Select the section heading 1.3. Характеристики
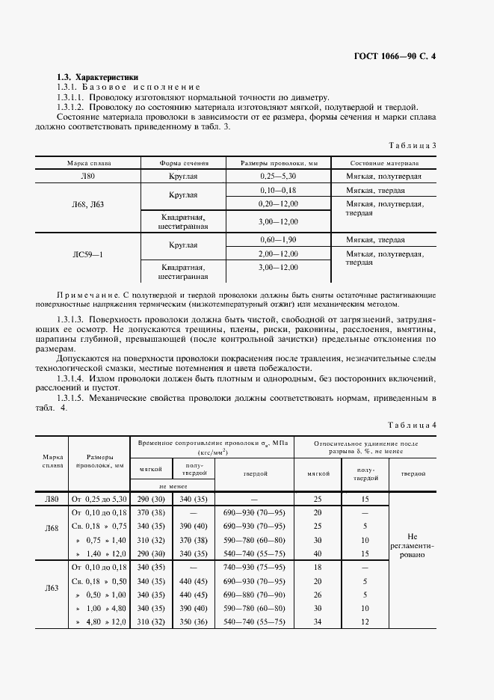[97, 78]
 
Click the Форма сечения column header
[183, 162]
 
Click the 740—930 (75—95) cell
[254, 568]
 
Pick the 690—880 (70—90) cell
[254, 595]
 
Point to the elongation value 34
[317, 622]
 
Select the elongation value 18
[317, 568]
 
